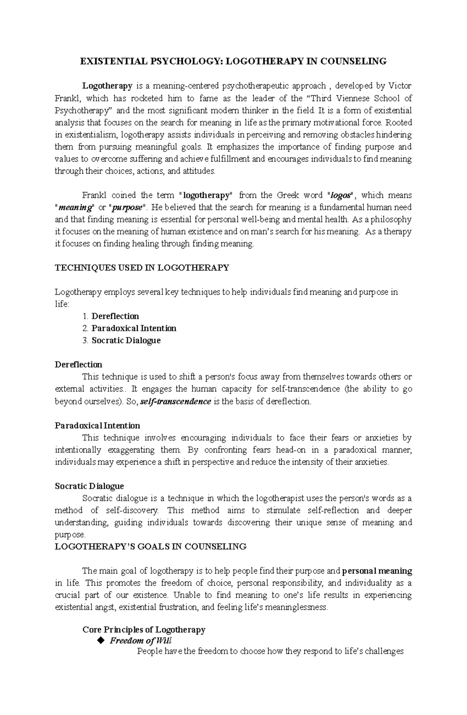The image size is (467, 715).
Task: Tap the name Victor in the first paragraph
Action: point(400,86)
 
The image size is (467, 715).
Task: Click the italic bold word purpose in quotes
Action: point(126,207)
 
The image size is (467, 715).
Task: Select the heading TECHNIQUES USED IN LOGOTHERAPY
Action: point(142,268)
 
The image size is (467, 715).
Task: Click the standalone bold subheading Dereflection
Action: point(79,365)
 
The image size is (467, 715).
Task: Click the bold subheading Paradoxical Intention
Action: point(97,425)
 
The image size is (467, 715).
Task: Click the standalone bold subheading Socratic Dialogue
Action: point(90,486)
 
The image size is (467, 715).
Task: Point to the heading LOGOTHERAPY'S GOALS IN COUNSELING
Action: point(151,547)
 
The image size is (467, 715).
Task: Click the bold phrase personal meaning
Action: point(377,571)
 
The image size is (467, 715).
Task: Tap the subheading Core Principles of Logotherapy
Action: point(144,630)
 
